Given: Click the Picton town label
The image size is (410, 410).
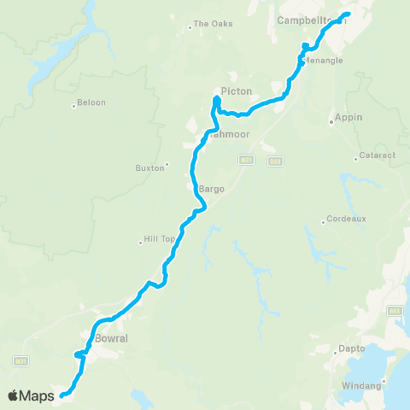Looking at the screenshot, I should [x=236, y=91].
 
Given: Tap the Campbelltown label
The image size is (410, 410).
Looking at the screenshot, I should [x=303, y=18].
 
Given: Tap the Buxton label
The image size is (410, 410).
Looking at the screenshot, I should [x=149, y=168].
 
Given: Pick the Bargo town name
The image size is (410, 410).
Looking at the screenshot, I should [x=211, y=189].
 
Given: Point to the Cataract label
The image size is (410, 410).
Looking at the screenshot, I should [x=374, y=158].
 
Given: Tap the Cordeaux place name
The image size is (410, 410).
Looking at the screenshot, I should [x=345, y=219].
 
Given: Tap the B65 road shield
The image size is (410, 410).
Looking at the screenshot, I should [x=395, y=311].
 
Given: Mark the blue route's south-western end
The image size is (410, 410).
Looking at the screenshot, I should [x=61, y=395].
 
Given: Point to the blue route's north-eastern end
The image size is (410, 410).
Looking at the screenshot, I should [x=348, y=15].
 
